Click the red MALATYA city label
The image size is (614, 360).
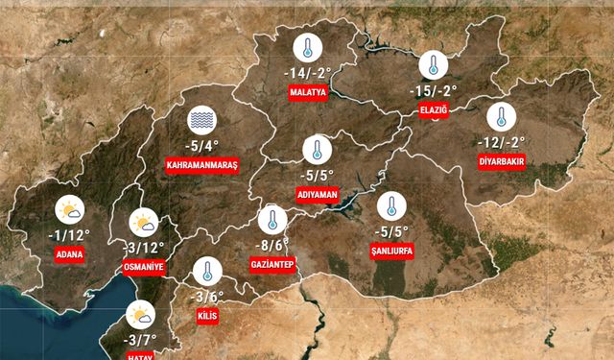pyautogui.click(x=308, y=93)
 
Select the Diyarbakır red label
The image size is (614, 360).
pyautogui.click(x=501, y=161)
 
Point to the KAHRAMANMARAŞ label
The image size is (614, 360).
pyautogui.click(x=201, y=165)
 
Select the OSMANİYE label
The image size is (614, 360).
pyautogui.click(x=145, y=267)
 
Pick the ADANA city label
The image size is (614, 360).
pyautogui.click(x=69, y=254)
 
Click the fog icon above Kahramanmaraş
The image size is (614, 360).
pyautogui.click(x=202, y=120)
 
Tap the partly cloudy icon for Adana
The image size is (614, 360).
pyautogui.click(x=69, y=209)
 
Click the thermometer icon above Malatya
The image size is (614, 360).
pyautogui.click(x=308, y=49)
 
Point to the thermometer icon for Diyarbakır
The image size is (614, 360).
pyautogui.click(x=501, y=118)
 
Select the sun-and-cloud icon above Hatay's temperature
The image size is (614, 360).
pyautogui.click(x=140, y=315)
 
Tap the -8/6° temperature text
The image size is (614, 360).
pyautogui.click(x=273, y=244)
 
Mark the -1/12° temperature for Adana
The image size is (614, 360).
pyautogui.click(x=69, y=234)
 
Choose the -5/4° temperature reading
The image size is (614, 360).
pyautogui.click(x=201, y=145)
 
